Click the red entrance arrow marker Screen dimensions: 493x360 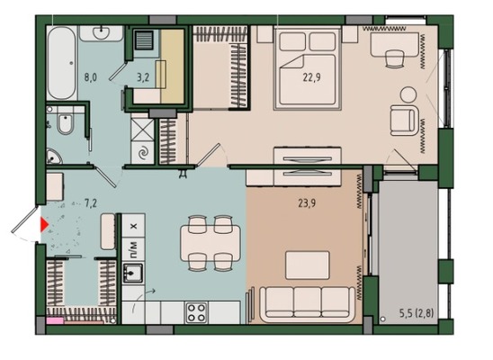(44, 225)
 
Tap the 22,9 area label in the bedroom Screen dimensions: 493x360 (311, 77)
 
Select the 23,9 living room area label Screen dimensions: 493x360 (307, 203)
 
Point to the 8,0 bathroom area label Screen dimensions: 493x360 (90, 77)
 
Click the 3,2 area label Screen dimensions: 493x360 (143, 77)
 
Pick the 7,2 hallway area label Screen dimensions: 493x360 (91, 203)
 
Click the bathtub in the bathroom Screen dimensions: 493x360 (62, 63)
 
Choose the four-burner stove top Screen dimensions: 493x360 (196, 313)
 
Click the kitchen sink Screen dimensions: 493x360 (133, 273)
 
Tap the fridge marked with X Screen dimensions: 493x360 (134, 226)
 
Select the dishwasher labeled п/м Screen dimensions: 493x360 (134, 249)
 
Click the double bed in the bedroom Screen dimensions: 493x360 (307, 68)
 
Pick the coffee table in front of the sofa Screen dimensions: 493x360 (308, 265)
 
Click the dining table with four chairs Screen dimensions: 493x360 (211, 243)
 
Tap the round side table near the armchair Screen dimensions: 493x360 (408, 94)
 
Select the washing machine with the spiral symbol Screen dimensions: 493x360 (143, 153)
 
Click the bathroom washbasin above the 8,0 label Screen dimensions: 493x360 (101, 33)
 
